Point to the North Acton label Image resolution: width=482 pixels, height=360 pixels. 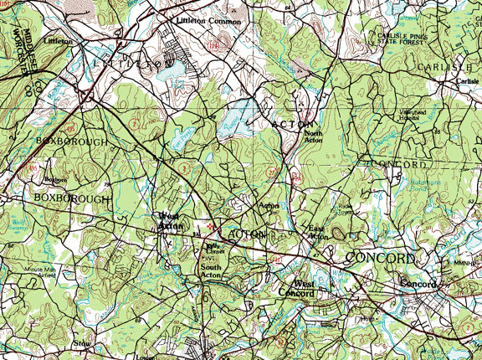(x=313, y=137)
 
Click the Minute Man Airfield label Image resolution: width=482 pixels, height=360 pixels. (x=39, y=272)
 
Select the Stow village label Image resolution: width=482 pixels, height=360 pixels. (x=82, y=343)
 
